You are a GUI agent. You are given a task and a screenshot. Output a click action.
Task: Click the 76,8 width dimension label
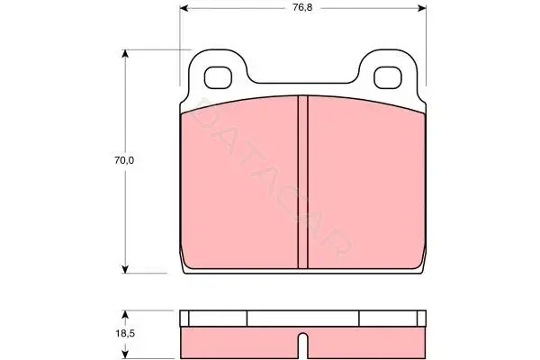[x=302, y=7]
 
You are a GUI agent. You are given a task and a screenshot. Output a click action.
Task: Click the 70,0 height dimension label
[x=124, y=160]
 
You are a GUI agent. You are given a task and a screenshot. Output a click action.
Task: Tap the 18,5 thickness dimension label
[x=124, y=334]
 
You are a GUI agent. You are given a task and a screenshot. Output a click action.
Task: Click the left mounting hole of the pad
[x=219, y=77]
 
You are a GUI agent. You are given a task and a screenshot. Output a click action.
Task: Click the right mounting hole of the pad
[x=388, y=77]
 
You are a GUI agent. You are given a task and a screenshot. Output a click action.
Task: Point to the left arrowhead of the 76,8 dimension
[x=184, y=8]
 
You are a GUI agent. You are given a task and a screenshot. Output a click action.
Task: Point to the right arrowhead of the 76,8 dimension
[x=421, y=8]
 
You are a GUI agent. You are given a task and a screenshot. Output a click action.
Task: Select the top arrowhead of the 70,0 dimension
[x=125, y=54]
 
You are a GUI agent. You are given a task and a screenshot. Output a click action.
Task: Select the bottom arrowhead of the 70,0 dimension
[x=125, y=269]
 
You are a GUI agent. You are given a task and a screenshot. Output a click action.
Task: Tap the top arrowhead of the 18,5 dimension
[x=125, y=314]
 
